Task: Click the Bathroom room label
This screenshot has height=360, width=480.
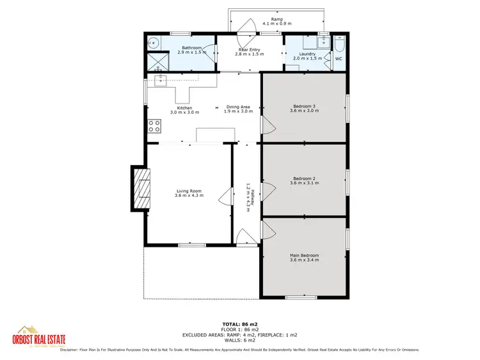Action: pos(192,48)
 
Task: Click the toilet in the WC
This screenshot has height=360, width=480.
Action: pos(339,45)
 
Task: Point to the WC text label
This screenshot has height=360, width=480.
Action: pos(339,59)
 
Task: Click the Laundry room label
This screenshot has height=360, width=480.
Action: pos(305,54)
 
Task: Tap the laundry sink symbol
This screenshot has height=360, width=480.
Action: pos(323,44)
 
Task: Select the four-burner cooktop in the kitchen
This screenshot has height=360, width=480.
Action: pos(154,126)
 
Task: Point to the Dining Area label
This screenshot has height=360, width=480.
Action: pos(241,107)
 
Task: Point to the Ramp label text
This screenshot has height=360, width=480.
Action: pos(277,19)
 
